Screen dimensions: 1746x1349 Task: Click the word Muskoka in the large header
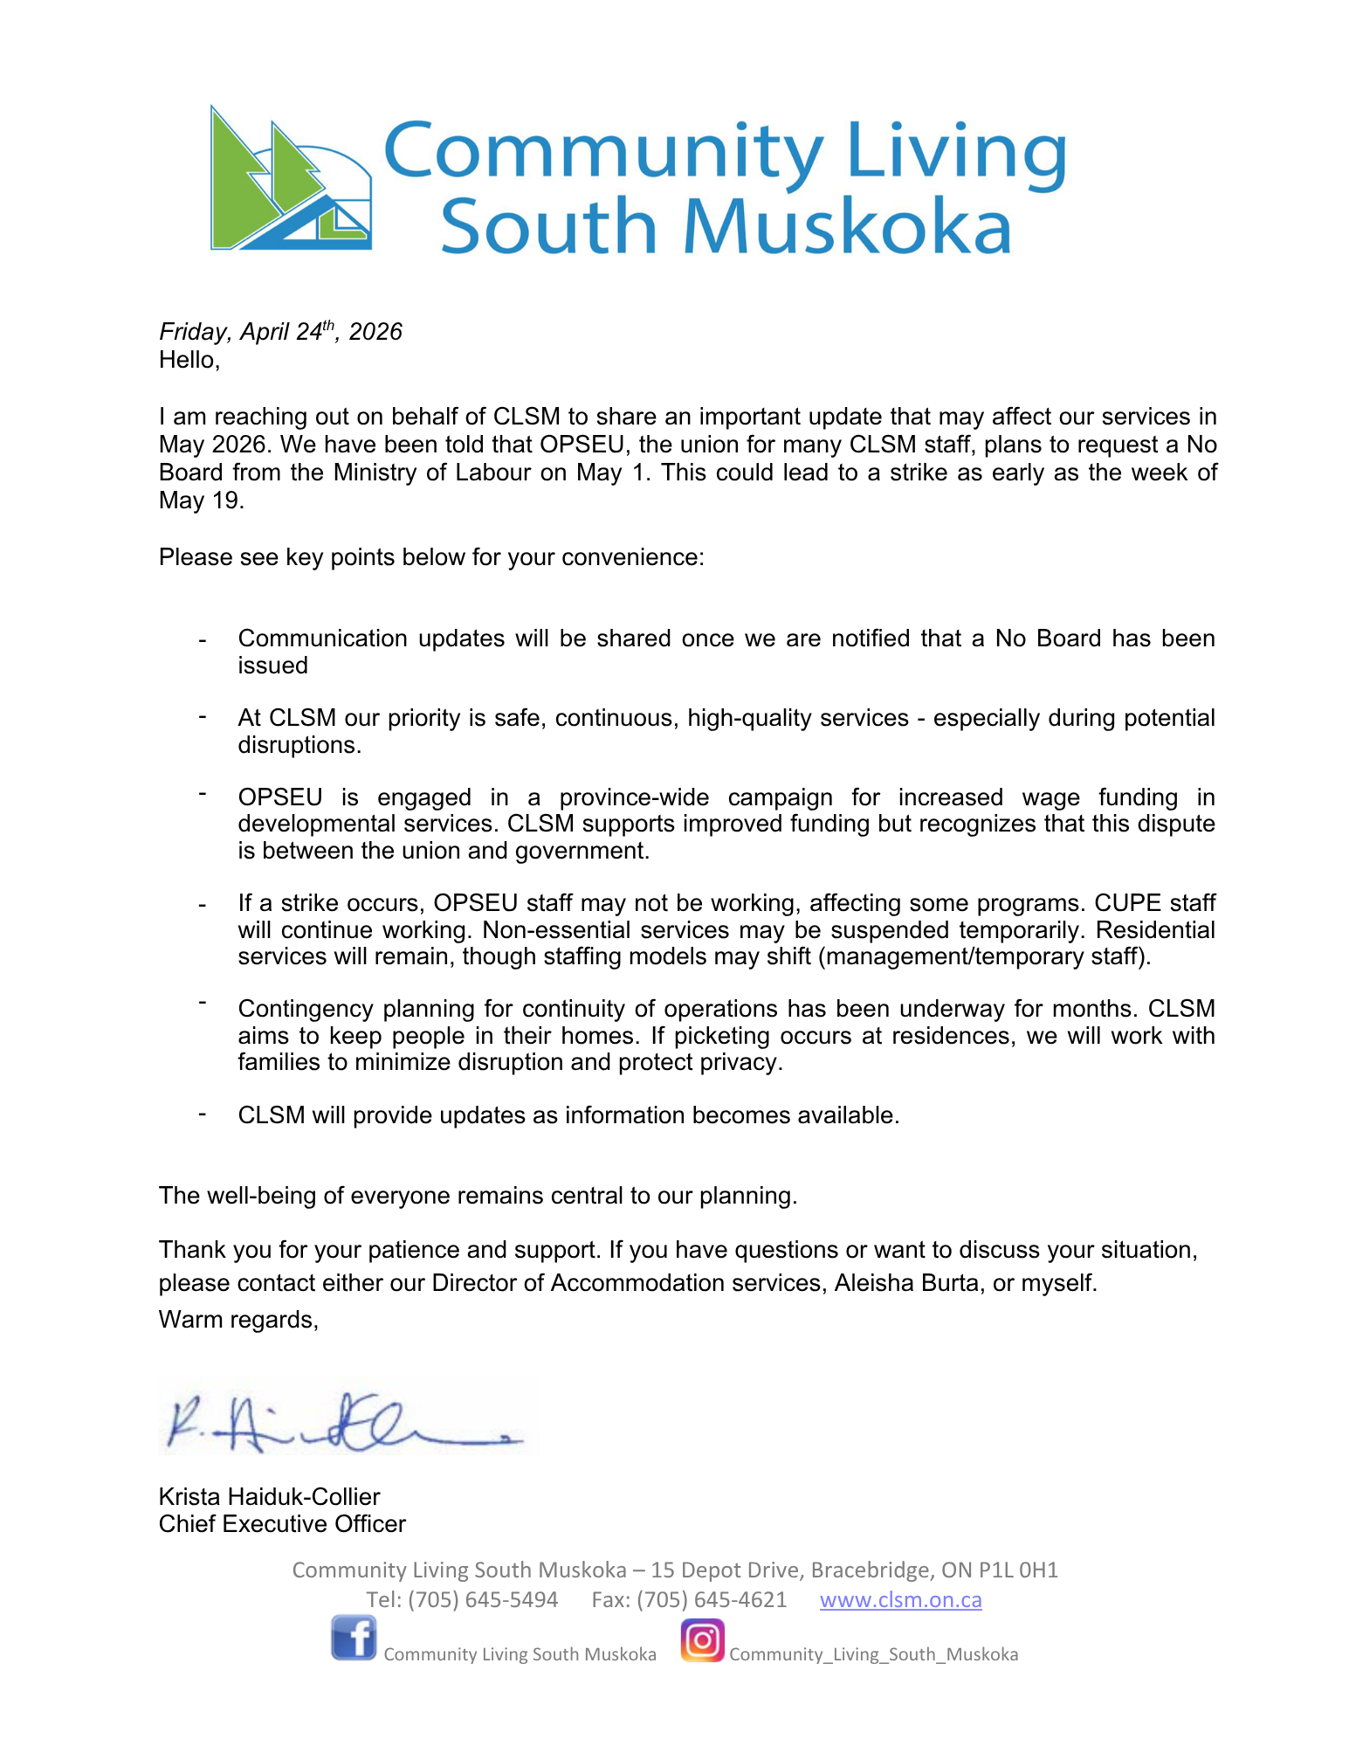pos(847,227)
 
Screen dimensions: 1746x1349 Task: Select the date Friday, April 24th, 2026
pos(280,332)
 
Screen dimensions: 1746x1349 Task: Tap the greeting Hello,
pos(189,360)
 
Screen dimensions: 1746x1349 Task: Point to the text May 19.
pos(201,500)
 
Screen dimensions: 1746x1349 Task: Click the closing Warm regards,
pos(238,1319)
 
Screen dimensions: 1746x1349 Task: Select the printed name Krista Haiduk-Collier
pos(269,1496)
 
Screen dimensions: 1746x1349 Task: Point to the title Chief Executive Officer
pos(282,1523)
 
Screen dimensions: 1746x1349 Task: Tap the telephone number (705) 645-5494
pos(483,1599)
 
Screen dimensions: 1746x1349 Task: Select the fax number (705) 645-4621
pos(712,1599)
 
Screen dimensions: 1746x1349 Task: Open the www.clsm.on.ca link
pos(900,1599)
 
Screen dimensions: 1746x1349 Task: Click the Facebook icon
pos(354,1638)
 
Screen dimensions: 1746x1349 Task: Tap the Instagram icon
pos(702,1639)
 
